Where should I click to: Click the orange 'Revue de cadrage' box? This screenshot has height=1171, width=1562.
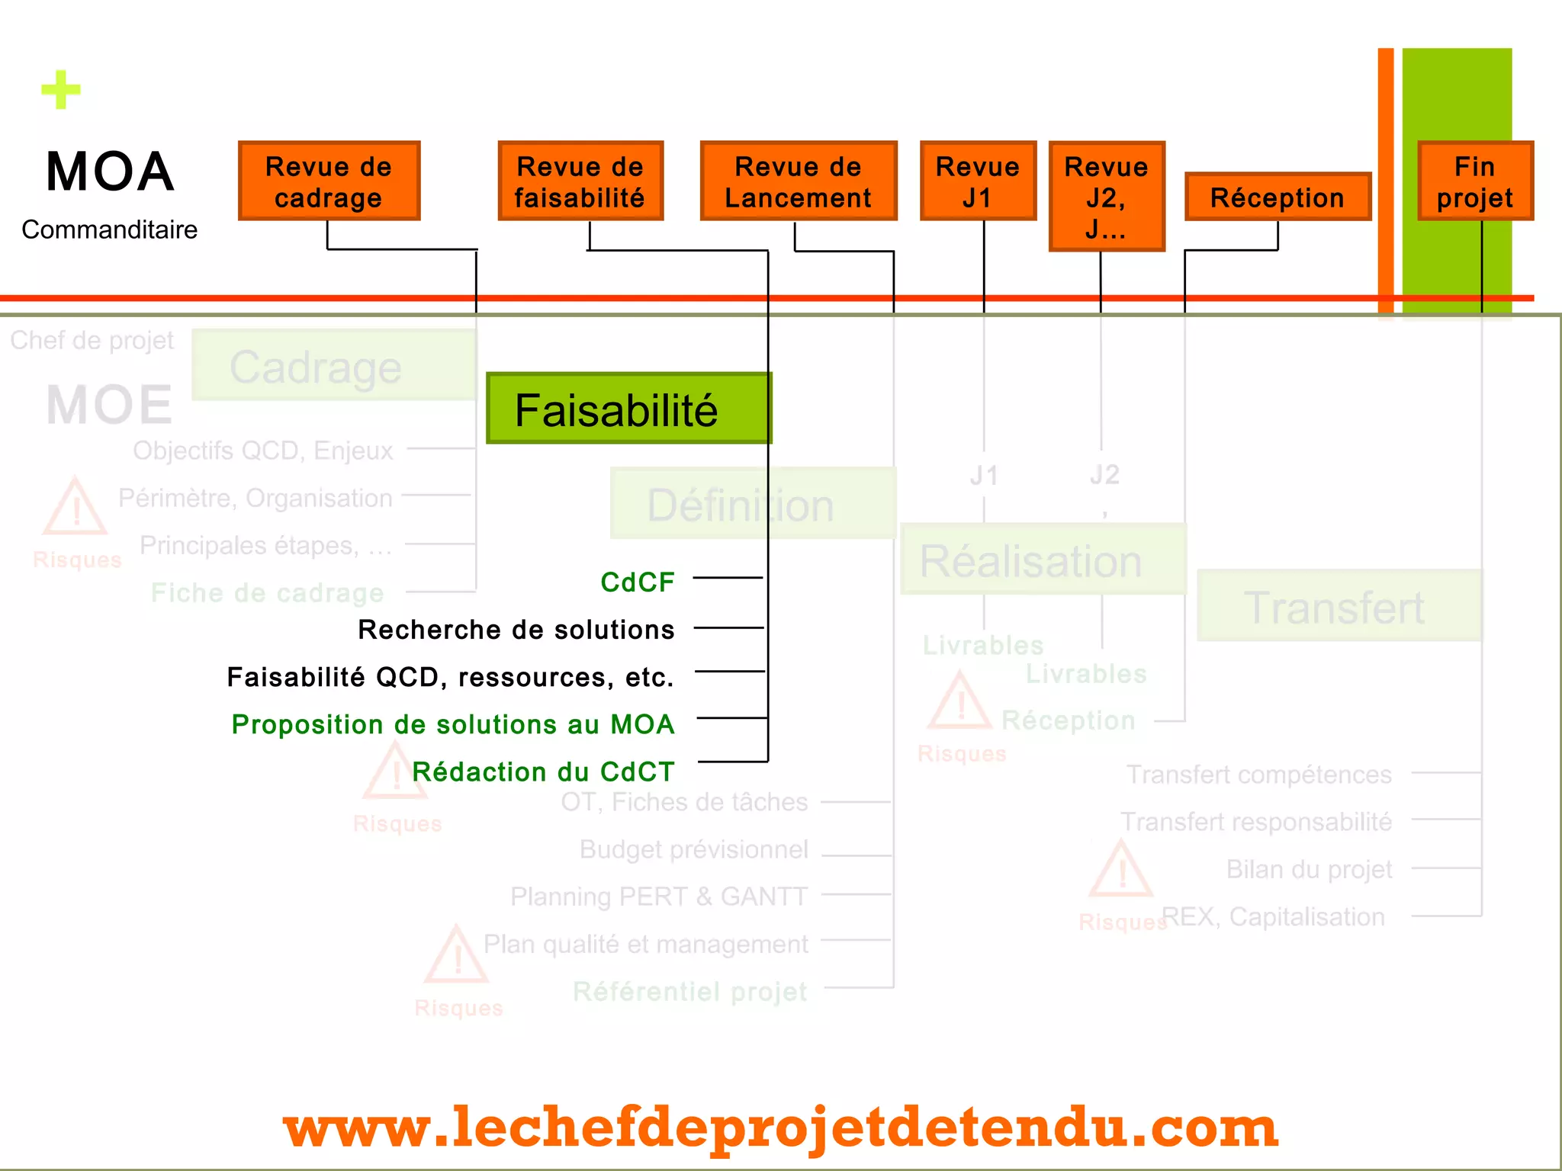point(329,181)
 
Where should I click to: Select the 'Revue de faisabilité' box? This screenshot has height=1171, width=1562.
point(580,181)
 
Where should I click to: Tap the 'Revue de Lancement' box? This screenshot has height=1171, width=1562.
point(798,181)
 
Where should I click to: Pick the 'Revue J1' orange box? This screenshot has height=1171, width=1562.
point(978,181)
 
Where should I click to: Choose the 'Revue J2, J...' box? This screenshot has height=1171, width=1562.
point(1106,197)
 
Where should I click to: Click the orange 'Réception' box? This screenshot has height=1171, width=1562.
point(1278,197)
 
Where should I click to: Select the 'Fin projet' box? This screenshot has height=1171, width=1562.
point(1475,181)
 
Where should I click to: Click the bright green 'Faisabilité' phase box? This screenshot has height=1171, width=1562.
point(628,409)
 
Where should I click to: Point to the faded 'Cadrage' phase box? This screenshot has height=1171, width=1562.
point(333,366)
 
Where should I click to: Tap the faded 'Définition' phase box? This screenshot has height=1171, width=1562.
point(752,504)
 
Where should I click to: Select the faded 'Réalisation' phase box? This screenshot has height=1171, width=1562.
point(1042,560)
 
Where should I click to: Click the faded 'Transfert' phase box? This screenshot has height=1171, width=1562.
point(1339,606)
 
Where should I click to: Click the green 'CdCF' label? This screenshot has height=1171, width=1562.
point(638,582)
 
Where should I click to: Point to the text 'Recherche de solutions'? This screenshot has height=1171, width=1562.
point(516,630)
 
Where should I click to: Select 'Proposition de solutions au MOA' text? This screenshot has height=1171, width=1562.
point(453,724)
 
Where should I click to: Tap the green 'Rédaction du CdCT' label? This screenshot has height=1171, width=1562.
point(543,772)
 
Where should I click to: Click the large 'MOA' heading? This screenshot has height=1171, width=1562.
point(110,172)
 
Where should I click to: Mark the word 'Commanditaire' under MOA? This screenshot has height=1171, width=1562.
point(109,229)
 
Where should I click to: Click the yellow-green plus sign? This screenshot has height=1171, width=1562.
point(61,90)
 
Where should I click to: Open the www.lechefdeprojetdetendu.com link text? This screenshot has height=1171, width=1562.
point(779,1127)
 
